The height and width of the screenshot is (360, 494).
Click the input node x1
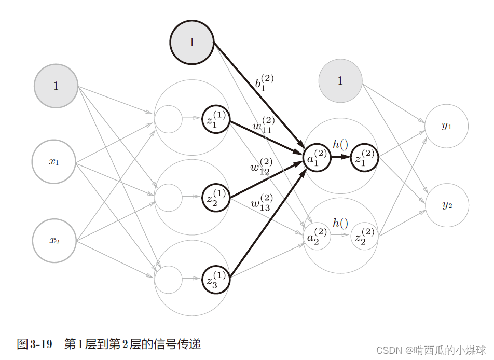tap(54, 161)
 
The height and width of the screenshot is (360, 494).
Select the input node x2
tap(54, 241)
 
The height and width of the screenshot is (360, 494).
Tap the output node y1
tap(446, 126)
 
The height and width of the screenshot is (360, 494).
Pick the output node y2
tap(447, 205)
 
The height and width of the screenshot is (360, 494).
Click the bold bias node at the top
tap(192, 43)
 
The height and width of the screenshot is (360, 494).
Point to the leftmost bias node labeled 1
tap(56, 86)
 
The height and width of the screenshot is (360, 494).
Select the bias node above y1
tap(340, 80)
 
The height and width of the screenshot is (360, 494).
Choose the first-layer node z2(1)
tap(215, 198)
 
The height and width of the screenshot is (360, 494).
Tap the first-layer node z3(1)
tap(215, 279)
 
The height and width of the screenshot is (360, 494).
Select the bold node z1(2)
tap(364, 157)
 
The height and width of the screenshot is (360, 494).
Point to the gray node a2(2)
tap(317, 237)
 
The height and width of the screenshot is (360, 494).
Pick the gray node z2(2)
tap(364, 237)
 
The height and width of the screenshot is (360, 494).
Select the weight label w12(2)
tap(260, 165)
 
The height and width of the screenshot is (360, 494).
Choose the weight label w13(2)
tap(261, 202)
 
